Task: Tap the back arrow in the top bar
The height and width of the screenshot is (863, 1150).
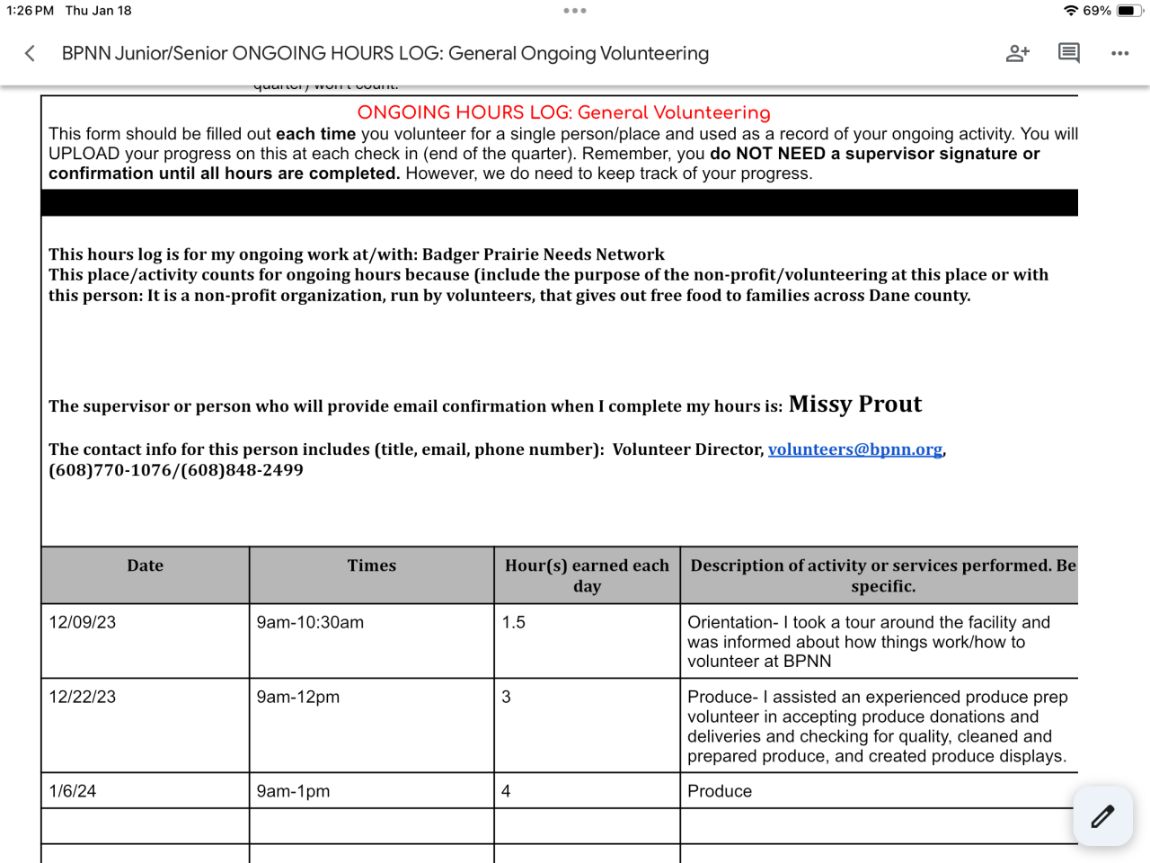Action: [x=30, y=53]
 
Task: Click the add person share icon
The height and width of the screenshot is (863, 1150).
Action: [x=1017, y=53]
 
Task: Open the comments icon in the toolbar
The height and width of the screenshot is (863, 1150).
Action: [x=1068, y=53]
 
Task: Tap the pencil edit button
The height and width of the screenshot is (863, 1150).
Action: [x=1102, y=816]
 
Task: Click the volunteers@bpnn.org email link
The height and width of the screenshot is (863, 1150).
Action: [x=854, y=449]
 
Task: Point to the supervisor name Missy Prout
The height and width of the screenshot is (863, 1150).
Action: [x=854, y=405]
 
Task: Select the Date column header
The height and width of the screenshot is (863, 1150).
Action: [x=145, y=565]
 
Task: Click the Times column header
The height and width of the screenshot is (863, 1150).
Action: [x=371, y=565]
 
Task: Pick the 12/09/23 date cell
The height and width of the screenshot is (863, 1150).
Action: [x=83, y=622]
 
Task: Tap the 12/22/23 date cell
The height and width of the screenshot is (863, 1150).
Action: [x=83, y=697]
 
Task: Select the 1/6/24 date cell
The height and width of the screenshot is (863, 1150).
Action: [x=73, y=791]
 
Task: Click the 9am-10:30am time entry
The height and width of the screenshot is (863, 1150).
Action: [x=310, y=622]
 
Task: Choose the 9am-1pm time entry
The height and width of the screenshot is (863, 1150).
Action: [x=293, y=791]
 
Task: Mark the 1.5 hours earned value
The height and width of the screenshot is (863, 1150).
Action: [x=513, y=622]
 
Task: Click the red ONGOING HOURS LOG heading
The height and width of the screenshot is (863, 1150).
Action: [x=563, y=112]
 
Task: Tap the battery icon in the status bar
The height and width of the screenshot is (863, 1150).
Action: [x=1128, y=11]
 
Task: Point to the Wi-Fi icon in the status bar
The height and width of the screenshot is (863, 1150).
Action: [x=1070, y=11]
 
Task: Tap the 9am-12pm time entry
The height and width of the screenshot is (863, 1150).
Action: [x=297, y=697]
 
